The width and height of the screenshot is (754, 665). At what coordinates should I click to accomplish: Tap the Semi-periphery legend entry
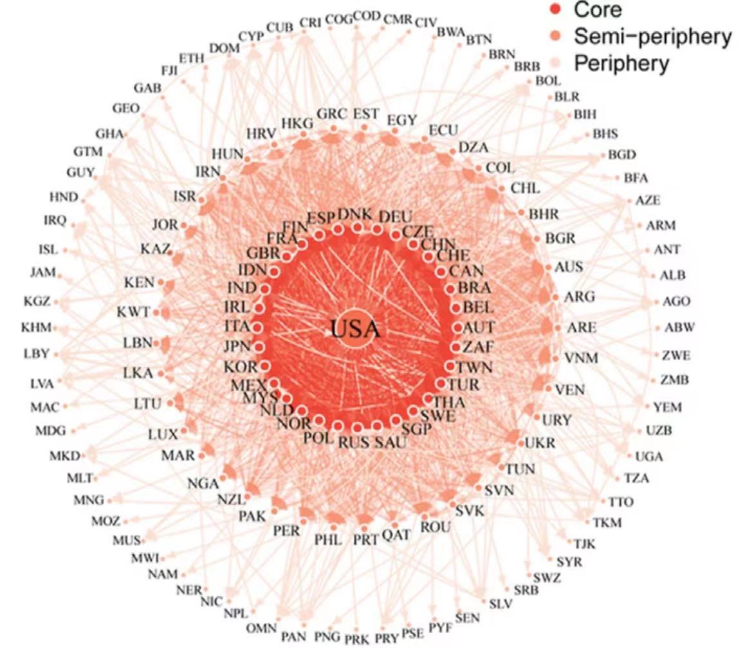[x=652, y=37]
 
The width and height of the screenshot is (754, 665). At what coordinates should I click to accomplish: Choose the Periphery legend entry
[x=621, y=64]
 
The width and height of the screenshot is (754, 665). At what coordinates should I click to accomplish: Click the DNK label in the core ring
[x=354, y=214]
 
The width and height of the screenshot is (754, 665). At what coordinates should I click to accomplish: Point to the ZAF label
[x=477, y=347]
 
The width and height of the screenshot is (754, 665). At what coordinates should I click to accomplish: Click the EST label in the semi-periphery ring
[x=365, y=114]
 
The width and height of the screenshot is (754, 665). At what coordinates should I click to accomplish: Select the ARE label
[x=582, y=327]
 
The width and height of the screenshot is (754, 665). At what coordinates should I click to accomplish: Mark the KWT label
[x=133, y=313]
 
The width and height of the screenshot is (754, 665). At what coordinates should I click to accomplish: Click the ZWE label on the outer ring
[x=676, y=355]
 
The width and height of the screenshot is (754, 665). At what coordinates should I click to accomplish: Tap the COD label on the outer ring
[x=367, y=17]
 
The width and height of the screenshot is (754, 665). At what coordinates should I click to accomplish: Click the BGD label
[x=621, y=154]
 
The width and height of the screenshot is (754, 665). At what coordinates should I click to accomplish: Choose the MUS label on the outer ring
[x=127, y=540]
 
